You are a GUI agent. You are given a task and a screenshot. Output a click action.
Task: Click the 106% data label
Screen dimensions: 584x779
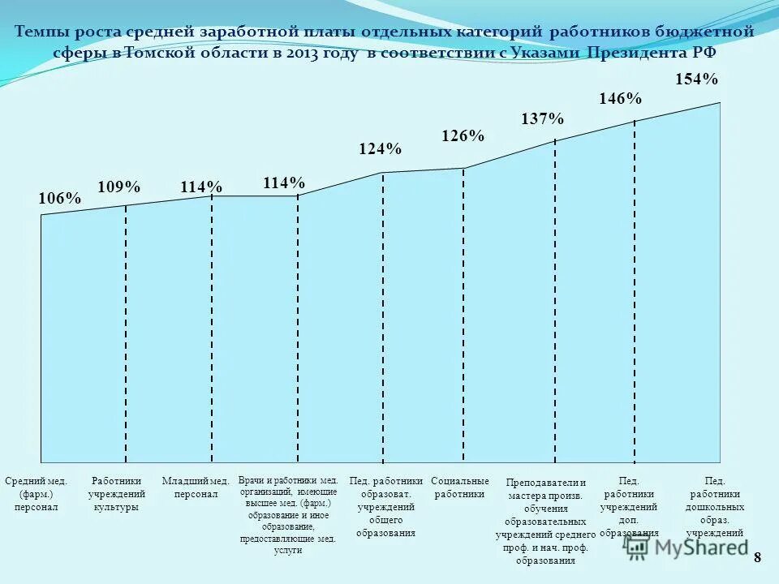[x=60, y=199]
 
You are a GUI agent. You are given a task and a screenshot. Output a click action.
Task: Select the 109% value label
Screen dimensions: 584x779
[x=119, y=187]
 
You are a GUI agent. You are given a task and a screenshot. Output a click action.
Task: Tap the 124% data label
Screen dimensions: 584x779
[x=380, y=149]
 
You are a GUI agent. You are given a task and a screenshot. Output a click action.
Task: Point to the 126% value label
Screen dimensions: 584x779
[x=463, y=136]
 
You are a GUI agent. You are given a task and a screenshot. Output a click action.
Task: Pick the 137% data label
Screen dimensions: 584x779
[x=542, y=118]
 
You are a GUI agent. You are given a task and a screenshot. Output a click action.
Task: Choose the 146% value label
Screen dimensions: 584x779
[x=620, y=99]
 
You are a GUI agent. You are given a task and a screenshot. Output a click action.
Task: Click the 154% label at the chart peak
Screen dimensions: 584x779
[x=696, y=79]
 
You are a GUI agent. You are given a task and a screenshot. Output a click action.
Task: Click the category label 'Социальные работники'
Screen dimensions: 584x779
[x=460, y=487]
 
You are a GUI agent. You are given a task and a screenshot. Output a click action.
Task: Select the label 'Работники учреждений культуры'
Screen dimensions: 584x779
[x=117, y=494]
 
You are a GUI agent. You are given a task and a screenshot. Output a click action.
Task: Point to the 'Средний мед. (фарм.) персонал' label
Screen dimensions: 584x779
[x=36, y=494]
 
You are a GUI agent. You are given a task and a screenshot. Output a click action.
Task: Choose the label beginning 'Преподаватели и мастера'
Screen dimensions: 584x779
[x=545, y=521]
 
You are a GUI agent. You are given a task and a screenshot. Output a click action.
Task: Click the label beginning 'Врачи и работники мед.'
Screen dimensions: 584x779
[x=288, y=515]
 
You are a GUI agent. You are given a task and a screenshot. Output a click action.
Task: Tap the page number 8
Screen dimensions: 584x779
[x=758, y=557]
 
